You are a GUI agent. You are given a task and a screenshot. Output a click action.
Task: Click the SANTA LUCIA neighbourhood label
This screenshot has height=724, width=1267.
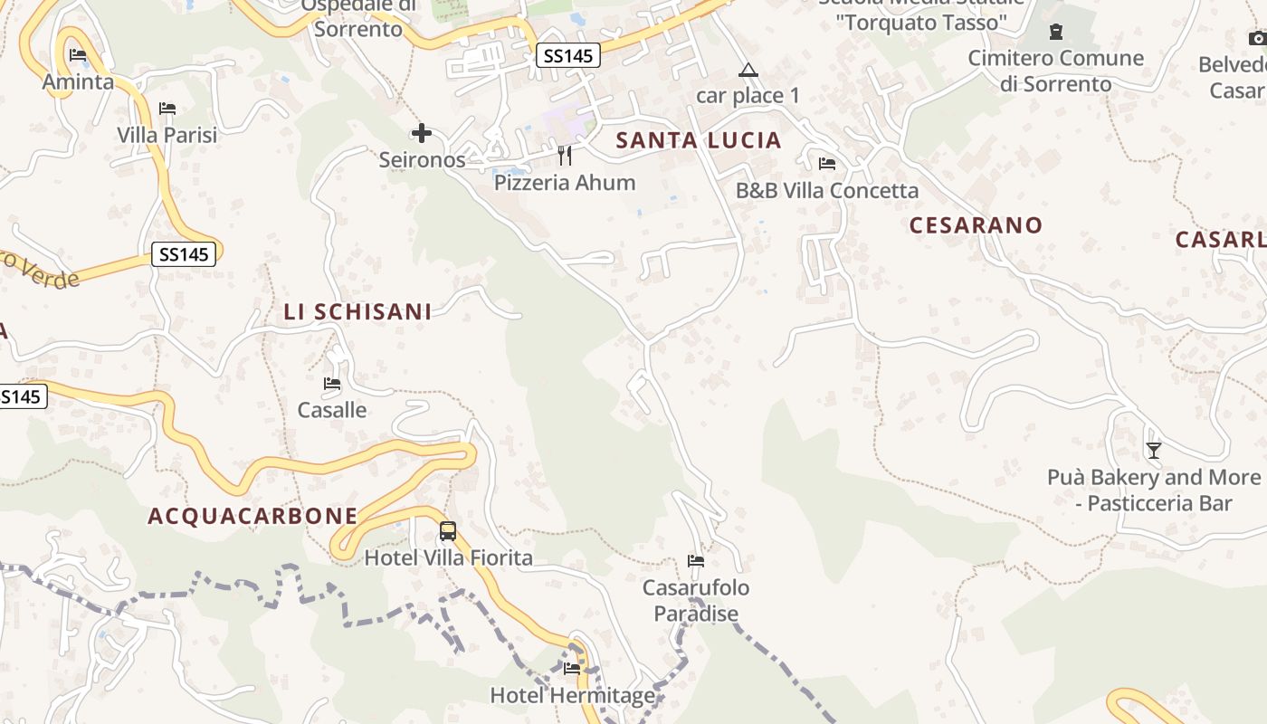tap(698, 140)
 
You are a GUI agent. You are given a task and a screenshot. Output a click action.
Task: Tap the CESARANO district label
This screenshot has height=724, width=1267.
tap(976, 225)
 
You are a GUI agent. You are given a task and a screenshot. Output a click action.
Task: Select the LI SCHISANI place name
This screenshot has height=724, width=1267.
tap(357, 312)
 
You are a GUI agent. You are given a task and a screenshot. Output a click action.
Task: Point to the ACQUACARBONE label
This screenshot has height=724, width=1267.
tap(252, 516)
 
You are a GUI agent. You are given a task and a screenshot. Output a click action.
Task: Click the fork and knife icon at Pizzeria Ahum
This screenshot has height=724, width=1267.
tap(565, 156)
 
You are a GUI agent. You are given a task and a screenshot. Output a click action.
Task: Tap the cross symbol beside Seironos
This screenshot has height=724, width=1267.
tap(421, 134)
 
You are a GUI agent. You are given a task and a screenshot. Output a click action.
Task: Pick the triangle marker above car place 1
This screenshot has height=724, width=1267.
tap(748, 70)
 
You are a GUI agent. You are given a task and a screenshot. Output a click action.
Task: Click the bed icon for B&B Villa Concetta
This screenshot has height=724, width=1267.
tap(826, 164)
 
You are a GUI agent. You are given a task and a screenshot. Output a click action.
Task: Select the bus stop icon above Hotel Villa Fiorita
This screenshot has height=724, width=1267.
tap(447, 531)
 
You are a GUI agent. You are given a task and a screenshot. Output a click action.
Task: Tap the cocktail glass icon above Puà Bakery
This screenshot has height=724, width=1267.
tap(1153, 450)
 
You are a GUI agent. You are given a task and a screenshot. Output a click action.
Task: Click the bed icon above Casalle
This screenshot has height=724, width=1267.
tap(332, 384)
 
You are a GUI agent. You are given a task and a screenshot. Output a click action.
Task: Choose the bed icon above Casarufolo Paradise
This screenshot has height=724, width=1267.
tap(696, 561)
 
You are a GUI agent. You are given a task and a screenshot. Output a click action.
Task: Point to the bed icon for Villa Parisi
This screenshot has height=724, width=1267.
tap(167, 109)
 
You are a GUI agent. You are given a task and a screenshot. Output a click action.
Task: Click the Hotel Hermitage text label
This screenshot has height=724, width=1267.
tap(572, 696)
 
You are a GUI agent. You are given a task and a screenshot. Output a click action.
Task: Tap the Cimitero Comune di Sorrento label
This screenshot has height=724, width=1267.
tap(1056, 71)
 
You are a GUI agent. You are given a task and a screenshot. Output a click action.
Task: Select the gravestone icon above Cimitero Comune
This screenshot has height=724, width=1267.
tap(1055, 33)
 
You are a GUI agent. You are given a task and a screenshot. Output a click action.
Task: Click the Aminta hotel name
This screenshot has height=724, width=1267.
tap(79, 82)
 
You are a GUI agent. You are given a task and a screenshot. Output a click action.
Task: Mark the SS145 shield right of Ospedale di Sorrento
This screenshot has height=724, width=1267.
tap(567, 56)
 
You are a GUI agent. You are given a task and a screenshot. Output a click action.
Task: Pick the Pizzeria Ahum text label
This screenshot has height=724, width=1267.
tap(565, 183)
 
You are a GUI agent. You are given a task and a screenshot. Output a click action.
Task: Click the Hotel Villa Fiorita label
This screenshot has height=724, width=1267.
tap(448, 557)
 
